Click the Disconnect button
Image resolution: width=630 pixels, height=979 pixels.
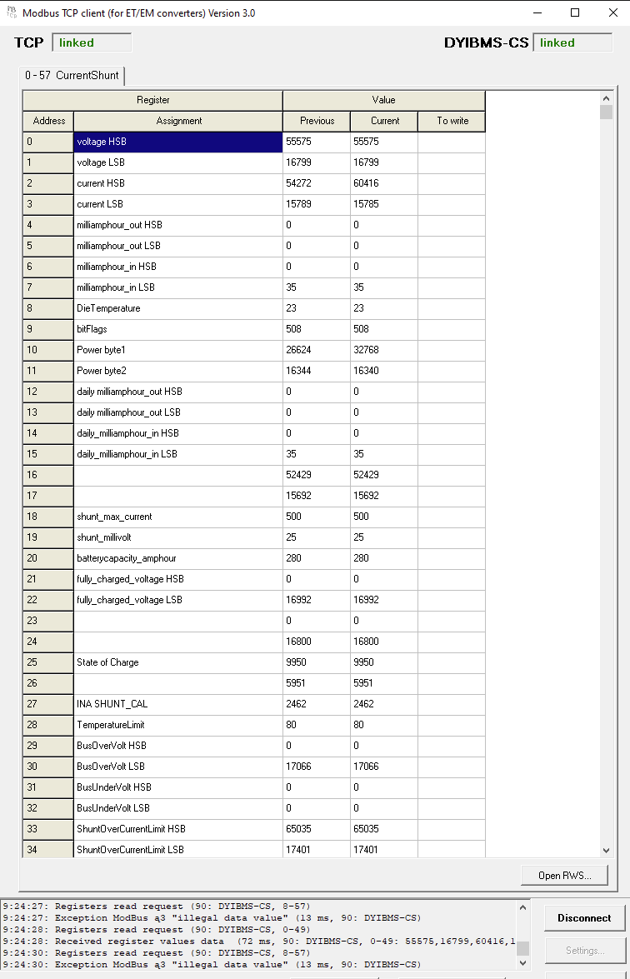[x=583, y=917]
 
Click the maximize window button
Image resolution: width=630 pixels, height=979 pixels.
[x=575, y=12]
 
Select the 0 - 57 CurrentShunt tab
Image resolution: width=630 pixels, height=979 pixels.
[x=72, y=75]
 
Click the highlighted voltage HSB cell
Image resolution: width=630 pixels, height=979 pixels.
[x=178, y=142]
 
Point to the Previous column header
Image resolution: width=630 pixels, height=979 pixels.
[x=317, y=121]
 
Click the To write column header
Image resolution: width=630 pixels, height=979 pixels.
[x=452, y=121]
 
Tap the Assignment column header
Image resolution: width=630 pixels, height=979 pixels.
[x=178, y=121]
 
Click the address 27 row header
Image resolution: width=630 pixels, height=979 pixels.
[x=48, y=704]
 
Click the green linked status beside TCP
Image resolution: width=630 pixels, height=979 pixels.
[x=92, y=42]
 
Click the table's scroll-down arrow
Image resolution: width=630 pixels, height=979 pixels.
[x=606, y=850]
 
